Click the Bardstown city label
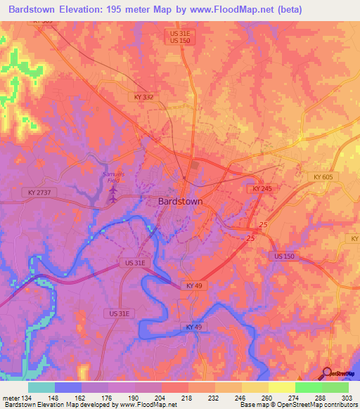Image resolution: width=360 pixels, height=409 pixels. coord(177,201)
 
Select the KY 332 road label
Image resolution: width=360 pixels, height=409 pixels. coord(143,97)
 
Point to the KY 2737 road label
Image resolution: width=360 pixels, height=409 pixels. coord(41,191)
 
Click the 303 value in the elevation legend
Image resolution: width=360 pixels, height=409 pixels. coord(348,398)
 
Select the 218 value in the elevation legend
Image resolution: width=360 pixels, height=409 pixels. coord(188,398)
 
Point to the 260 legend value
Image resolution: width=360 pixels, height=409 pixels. coord(268,398)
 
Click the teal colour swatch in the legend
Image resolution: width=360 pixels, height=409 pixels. coord(41,387)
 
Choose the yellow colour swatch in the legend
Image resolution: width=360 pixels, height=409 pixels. coord(281,387)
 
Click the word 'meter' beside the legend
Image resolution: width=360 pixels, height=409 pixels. coord(10,398)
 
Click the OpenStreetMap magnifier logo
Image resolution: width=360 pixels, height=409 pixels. coord(328,373)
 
